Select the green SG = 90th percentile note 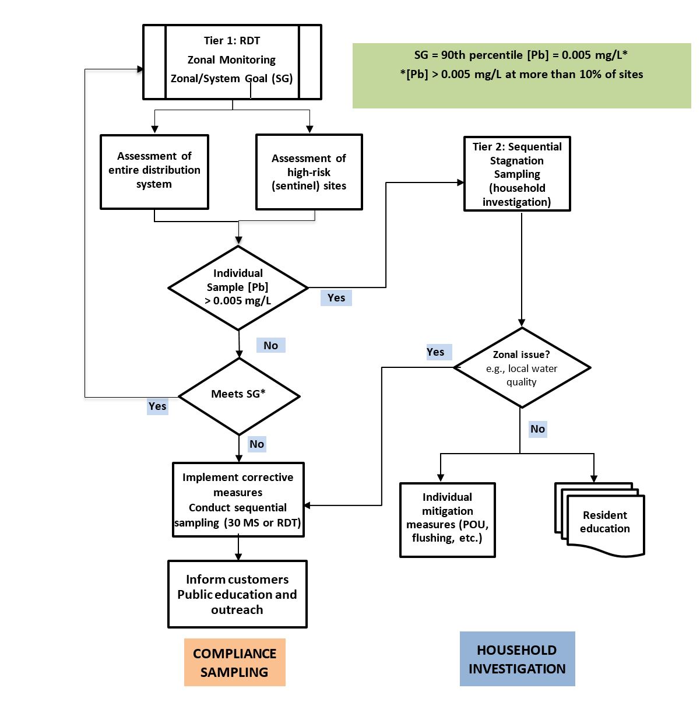coord(521,75)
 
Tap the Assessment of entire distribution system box coord(154,171)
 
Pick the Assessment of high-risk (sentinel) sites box coord(309,172)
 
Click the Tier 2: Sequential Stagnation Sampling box coord(517,174)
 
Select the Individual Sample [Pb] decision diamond coord(238,287)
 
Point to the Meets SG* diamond coord(239,395)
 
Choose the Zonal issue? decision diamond coord(522,367)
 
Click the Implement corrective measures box coord(238,500)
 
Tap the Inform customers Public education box coord(237,594)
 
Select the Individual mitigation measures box coord(447,520)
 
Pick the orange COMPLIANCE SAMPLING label coord(235,662)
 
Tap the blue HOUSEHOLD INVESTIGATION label coord(517,659)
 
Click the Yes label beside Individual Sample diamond coord(336,298)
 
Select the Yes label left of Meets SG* coord(157,406)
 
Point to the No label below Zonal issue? coord(537,429)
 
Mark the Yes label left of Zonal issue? coord(435,352)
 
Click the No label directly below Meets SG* coord(256,444)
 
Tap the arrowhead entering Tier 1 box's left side coord(140,69)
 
